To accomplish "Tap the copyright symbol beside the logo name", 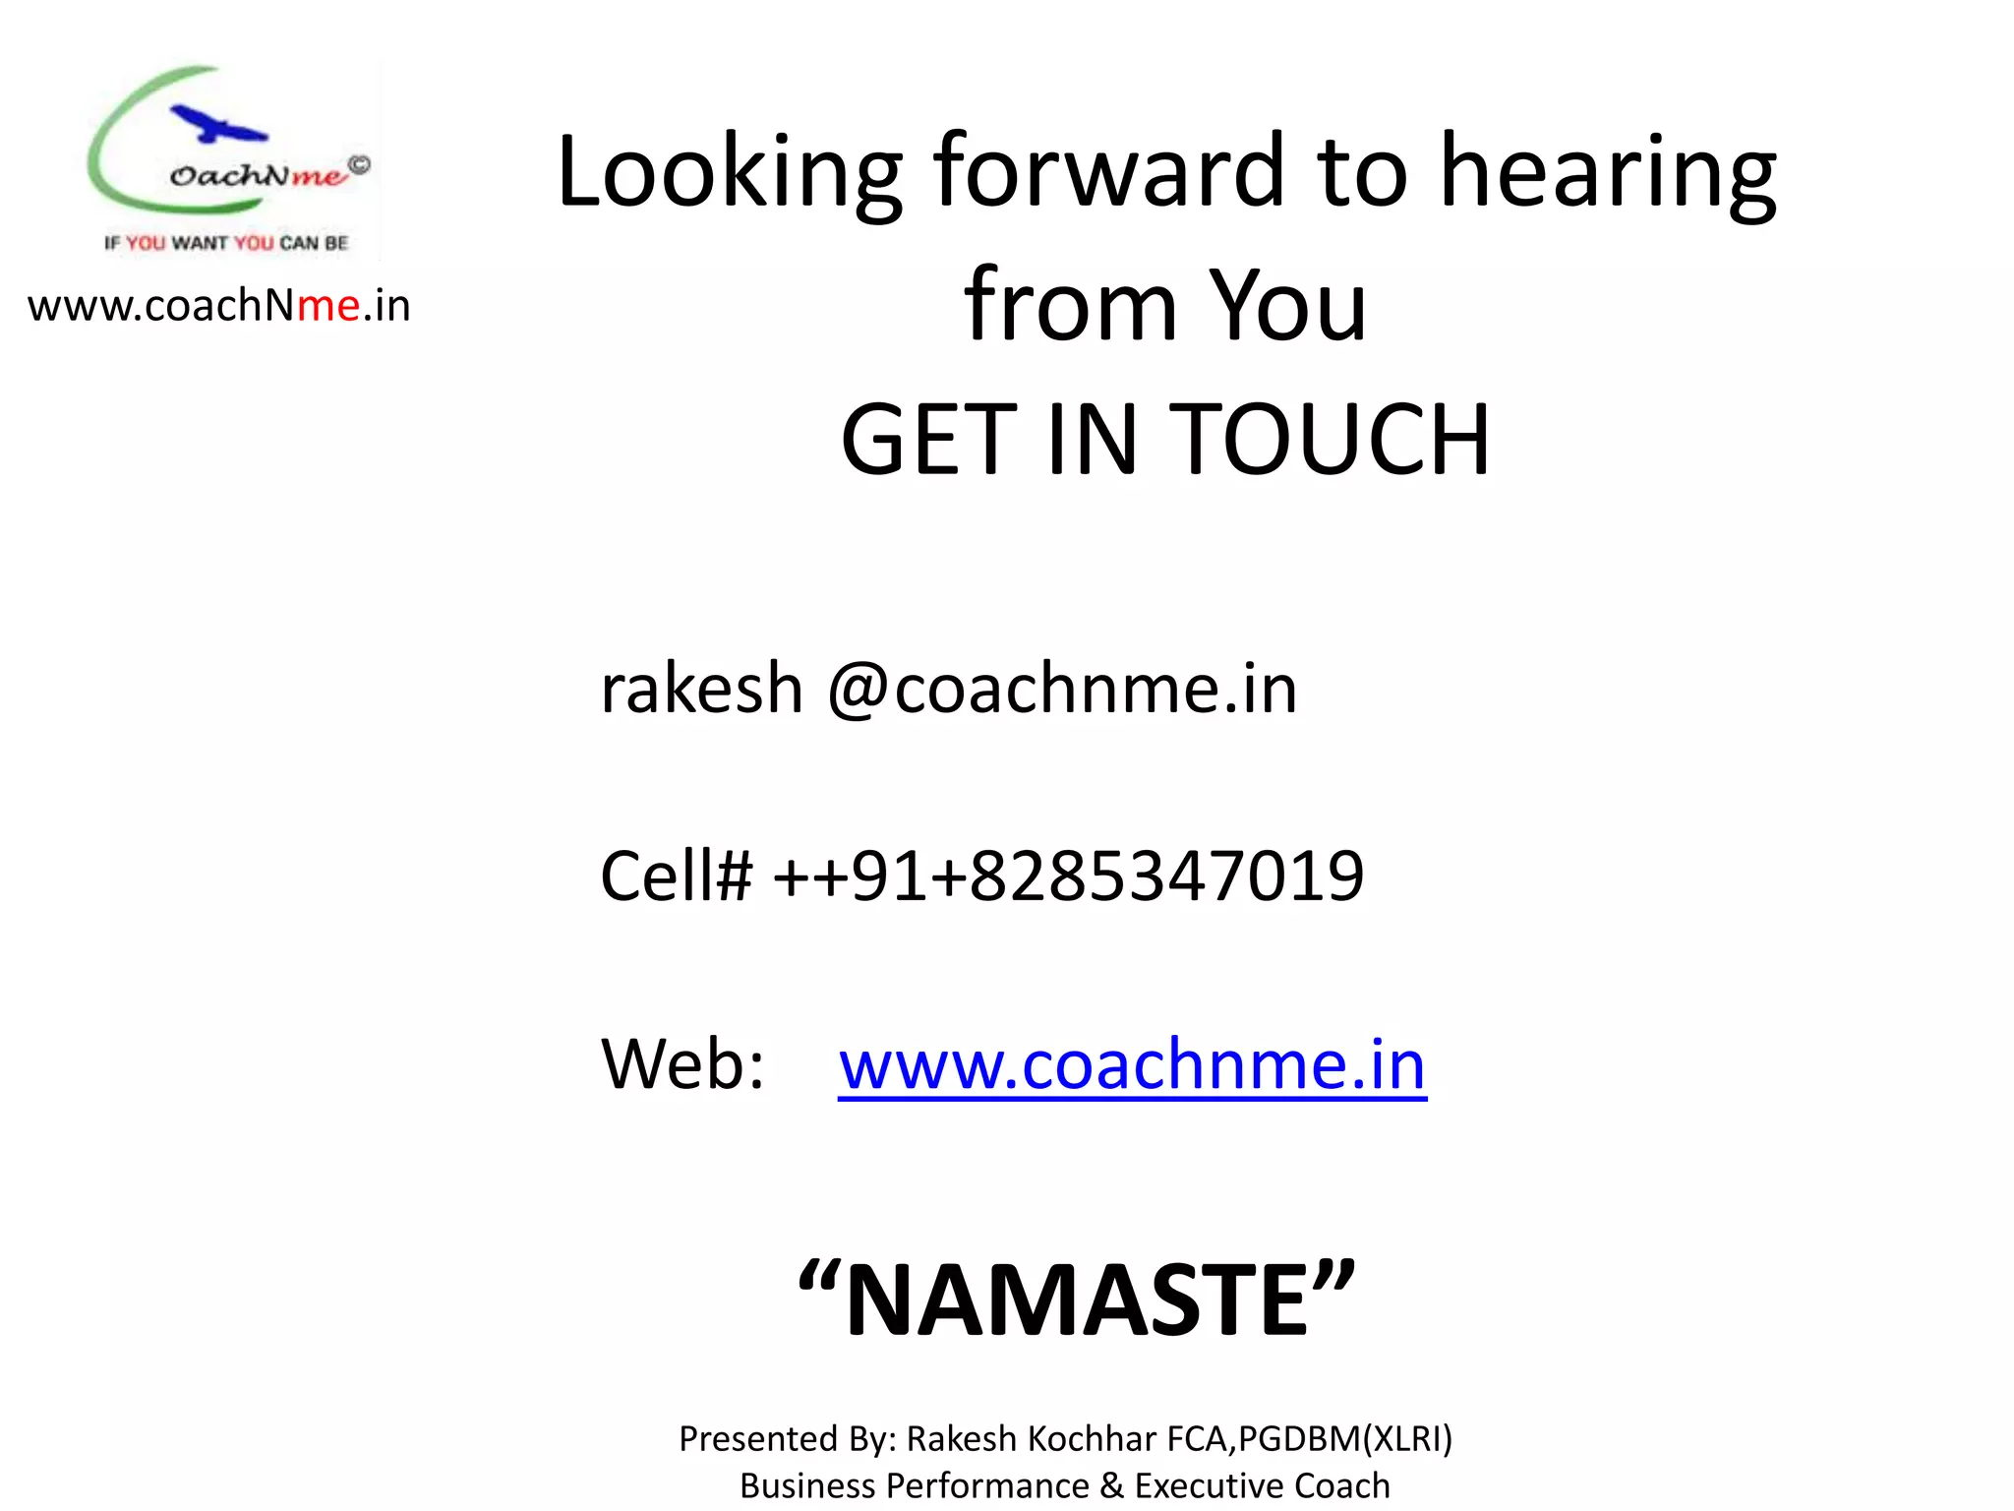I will coord(360,166).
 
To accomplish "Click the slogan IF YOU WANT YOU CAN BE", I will coord(226,243).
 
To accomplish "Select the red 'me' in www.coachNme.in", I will coord(328,306).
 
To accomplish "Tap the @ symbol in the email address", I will coord(859,689).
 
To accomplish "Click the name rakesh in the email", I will coord(701,688).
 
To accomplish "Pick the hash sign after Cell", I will coord(733,876).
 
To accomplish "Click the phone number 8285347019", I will coord(1166,876).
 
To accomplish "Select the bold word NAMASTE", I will coord(1077,1300).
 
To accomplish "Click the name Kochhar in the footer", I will coord(1091,1439).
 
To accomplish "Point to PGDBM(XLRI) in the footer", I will coord(1345,1439).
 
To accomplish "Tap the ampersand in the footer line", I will coord(1111,1485).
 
